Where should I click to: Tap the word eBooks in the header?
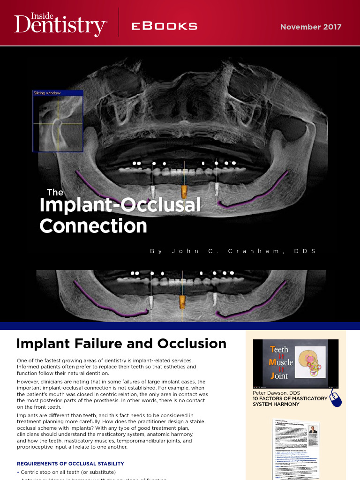[x=164, y=27]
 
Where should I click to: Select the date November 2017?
[x=311, y=27]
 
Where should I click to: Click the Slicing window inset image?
[x=58, y=121]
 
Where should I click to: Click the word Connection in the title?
[x=93, y=226]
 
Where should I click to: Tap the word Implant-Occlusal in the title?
[x=120, y=205]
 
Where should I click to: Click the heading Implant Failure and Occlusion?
[x=121, y=344]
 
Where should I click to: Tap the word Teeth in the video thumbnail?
[x=279, y=350]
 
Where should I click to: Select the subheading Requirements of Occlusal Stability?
[x=70, y=464]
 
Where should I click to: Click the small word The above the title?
[x=55, y=192]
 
